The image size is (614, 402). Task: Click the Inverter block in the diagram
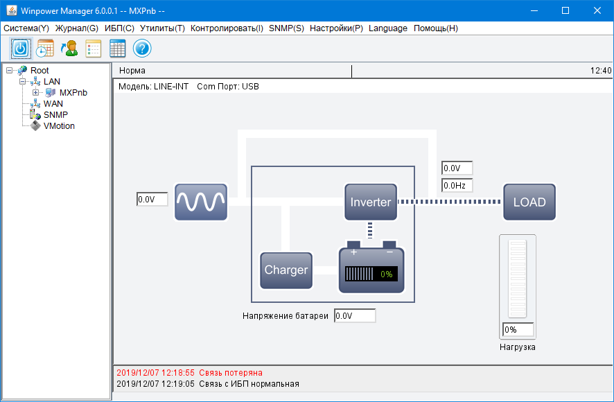pyautogui.click(x=371, y=202)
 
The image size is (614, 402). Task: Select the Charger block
pyautogui.click(x=286, y=270)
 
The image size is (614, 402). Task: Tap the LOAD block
pyautogui.click(x=529, y=202)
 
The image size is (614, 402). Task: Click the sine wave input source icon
pyautogui.click(x=201, y=202)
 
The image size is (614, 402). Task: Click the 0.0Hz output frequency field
pyautogui.click(x=457, y=186)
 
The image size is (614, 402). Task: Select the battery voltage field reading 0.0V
pyautogui.click(x=355, y=316)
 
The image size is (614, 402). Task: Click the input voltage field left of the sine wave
pyautogui.click(x=152, y=200)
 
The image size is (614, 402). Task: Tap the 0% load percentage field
pyautogui.click(x=519, y=330)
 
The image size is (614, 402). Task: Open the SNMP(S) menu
pyautogui.click(x=286, y=28)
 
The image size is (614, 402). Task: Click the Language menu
pyautogui.click(x=388, y=28)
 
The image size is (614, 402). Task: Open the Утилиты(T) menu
pyautogui.click(x=162, y=28)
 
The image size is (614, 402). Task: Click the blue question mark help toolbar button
pyautogui.click(x=142, y=49)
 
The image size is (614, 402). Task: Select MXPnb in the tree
pyautogui.click(x=73, y=93)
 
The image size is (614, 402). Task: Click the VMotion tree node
pyautogui.click(x=59, y=126)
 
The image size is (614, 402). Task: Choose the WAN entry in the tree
pyautogui.click(x=53, y=104)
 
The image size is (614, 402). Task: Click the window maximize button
pyautogui.click(x=565, y=10)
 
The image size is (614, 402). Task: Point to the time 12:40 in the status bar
pyautogui.click(x=600, y=71)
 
